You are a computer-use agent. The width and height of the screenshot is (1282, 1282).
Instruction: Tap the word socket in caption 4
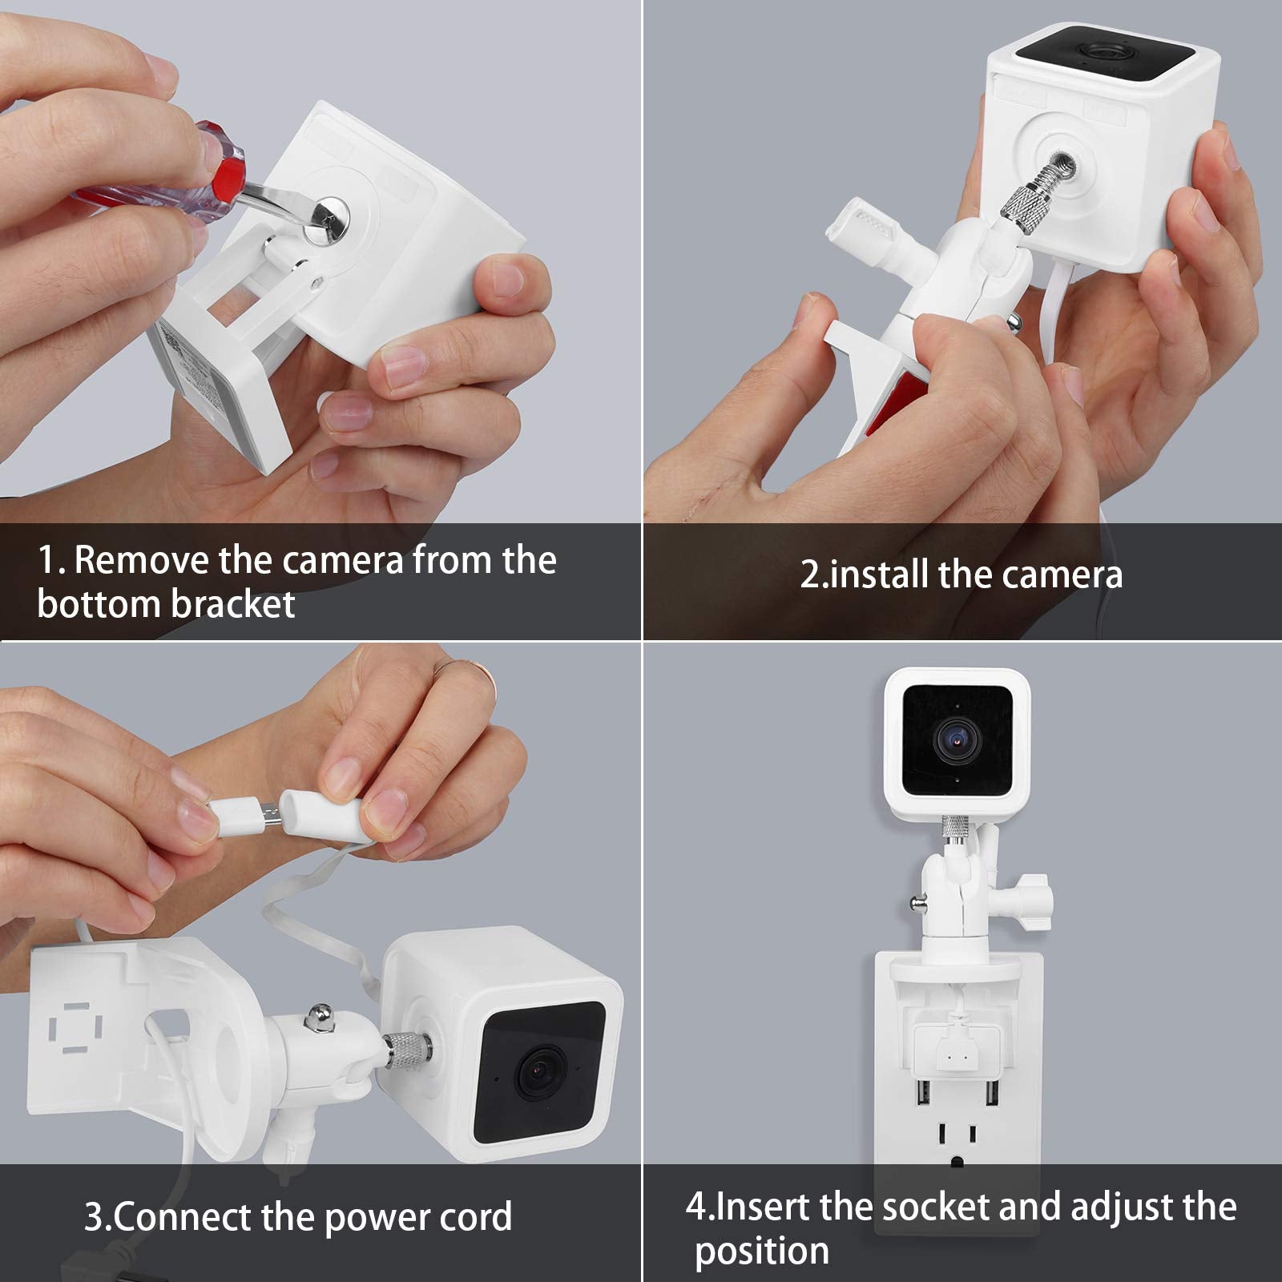click(933, 1206)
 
